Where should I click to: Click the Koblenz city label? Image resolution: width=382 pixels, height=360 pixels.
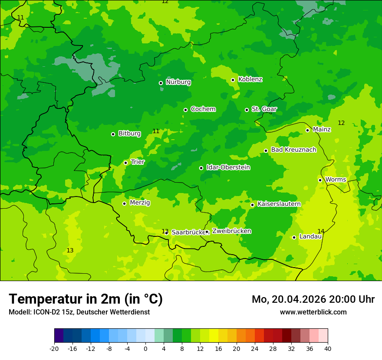pos(250,79)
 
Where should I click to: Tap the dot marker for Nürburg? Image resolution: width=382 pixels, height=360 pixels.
pos(161,83)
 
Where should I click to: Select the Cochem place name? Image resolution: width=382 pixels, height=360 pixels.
pos(203,109)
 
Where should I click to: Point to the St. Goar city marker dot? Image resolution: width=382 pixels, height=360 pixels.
pos(247,110)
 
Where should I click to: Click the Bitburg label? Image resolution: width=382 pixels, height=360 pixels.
pos(129,134)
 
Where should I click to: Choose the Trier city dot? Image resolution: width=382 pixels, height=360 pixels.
pos(125,163)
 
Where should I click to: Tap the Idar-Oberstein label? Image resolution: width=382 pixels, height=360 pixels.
pos(228,167)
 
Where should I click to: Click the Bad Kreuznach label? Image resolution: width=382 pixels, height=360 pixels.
pos(293,150)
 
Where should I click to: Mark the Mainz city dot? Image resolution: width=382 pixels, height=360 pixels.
pos(307,130)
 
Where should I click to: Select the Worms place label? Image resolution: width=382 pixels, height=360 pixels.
pos(336,180)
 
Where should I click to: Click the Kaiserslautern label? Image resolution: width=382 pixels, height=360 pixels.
pos(279,204)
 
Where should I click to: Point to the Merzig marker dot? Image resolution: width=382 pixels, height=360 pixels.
pos(124,203)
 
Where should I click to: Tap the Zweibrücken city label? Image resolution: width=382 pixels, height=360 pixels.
pos(231,231)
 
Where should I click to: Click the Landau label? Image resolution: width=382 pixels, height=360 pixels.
pos(310,236)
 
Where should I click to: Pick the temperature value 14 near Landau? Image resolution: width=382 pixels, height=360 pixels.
pos(321,231)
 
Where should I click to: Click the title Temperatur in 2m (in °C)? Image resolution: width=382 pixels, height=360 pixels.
pos(86,299)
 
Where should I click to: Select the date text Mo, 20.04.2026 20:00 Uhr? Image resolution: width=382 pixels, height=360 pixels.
pos(313,299)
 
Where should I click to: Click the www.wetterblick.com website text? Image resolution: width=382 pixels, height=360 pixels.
pos(313,312)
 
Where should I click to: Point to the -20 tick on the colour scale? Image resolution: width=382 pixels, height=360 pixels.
pos(54,349)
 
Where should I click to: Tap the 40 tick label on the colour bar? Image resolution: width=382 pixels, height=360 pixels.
pos(328,349)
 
